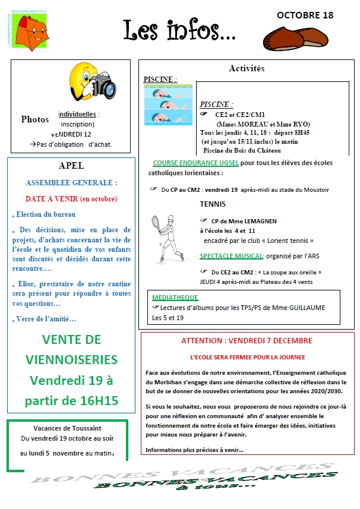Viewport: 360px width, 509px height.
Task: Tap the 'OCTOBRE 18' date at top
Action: pyautogui.click(x=305, y=15)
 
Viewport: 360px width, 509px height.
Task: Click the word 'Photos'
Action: pyautogui.click(x=35, y=119)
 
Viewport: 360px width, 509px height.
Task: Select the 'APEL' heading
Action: pyautogui.click(x=72, y=166)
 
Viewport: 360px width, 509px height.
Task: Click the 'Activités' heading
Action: pyautogui.click(x=247, y=68)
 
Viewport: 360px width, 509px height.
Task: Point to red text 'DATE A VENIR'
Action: pyautogui.click(x=52, y=198)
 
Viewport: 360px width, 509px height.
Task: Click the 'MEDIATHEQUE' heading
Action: pyautogui.click(x=175, y=297)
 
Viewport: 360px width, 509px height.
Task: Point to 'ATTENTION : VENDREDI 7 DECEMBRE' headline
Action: pyautogui.click(x=246, y=341)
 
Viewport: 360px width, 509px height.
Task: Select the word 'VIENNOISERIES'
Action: pyautogui.click(x=72, y=359)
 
